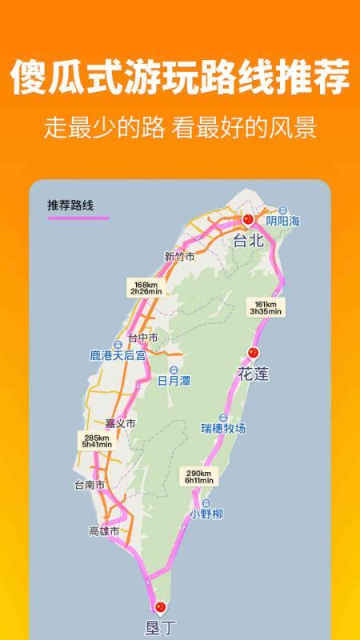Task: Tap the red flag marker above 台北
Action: (248, 219)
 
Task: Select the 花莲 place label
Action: (253, 372)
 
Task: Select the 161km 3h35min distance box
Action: (265, 307)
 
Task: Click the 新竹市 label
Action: (179, 257)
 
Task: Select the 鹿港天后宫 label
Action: (118, 354)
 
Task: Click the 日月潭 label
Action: (174, 381)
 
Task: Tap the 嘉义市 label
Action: (121, 422)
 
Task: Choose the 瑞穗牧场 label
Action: (223, 428)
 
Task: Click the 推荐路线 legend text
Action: (70, 206)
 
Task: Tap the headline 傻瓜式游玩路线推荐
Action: (180, 80)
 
